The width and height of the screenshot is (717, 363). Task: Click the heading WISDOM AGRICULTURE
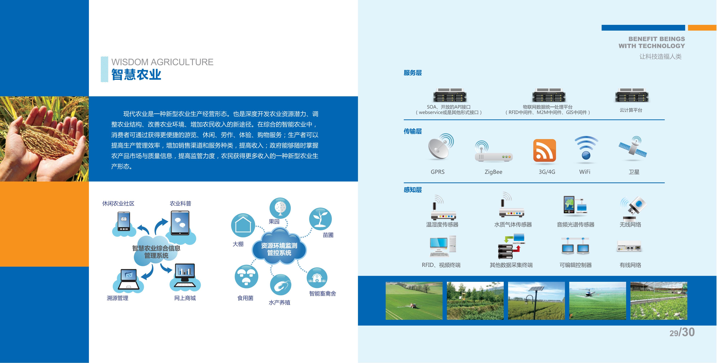click(x=162, y=62)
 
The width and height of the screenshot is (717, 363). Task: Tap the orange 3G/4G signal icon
click(x=544, y=150)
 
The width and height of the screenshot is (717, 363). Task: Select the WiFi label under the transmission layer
click(x=585, y=172)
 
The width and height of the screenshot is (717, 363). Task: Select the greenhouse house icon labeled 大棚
click(x=243, y=225)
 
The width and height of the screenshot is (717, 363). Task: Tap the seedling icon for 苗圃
click(x=320, y=219)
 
